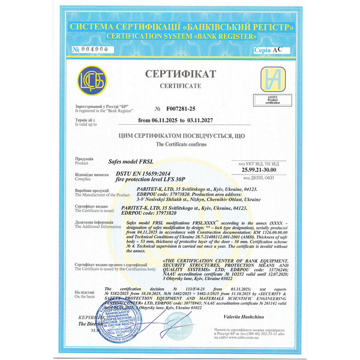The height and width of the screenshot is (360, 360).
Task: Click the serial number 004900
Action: point(90,49)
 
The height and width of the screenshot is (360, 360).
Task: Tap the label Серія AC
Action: point(266,50)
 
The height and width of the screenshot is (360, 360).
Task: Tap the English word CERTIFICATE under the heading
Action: point(179,86)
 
